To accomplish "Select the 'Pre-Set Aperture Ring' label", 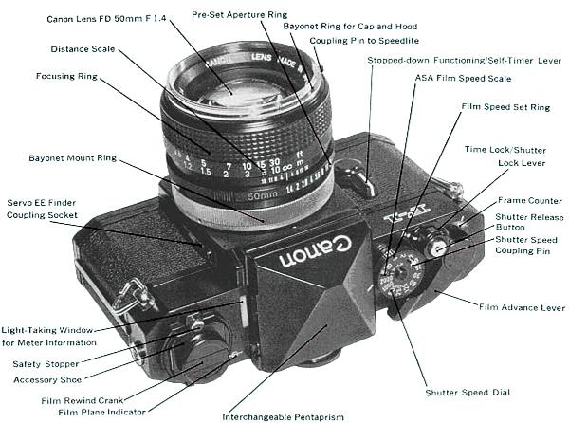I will [x=241, y=16].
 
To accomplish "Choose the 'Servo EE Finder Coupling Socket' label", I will [x=46, y=209].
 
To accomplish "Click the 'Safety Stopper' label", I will [x=47, y=363].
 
